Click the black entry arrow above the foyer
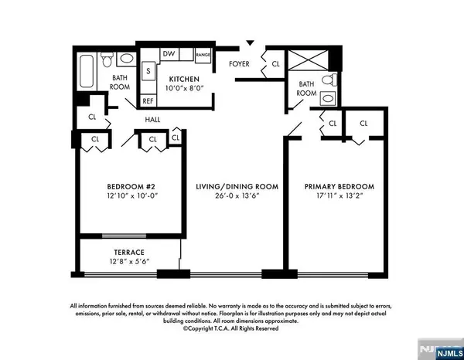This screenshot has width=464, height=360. point(251,42)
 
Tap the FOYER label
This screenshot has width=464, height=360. point(239,64)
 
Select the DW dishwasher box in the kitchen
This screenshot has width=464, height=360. point(169,54)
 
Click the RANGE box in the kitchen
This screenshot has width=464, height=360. point(203,55)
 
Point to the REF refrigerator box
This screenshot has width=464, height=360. point(148,100)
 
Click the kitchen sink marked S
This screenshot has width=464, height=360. point(148,71)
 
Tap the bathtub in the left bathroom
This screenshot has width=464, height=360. point(87,71)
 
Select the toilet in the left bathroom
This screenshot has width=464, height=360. point(107,59)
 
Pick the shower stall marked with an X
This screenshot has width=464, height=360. point(308,60)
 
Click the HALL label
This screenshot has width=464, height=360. point(152,120)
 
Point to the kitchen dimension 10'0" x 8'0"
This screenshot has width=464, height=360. point(184,88)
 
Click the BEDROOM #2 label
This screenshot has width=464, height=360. point(131,186)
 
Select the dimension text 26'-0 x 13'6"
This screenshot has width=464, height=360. point(237,195)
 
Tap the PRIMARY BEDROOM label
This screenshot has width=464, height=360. point(339,186)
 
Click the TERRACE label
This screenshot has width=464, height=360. point(129,252)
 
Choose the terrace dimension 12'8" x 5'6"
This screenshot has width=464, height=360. point(129,261)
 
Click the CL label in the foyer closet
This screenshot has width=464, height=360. point(275,64)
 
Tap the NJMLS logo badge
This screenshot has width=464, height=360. point(449,353)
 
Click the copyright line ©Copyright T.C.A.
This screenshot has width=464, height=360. point(230,328)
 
